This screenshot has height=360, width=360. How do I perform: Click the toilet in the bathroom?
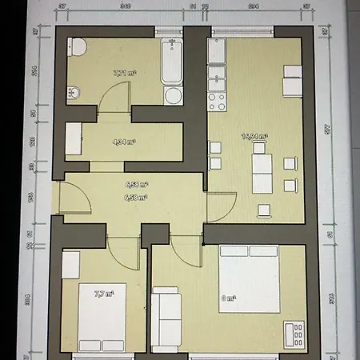[x=78, y=47]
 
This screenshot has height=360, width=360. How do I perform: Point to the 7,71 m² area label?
[x=125, y=73]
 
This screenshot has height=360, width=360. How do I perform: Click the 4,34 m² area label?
[x=123, y=142]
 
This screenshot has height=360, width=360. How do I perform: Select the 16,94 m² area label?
[x=255, y=137]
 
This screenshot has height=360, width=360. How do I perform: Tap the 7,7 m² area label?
[x=102, y=294]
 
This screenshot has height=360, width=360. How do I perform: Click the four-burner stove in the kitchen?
[x=215, y=102]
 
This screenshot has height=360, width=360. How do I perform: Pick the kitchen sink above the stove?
[x=216, y=78]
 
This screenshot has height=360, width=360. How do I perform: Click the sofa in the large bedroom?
[x=167, y=316]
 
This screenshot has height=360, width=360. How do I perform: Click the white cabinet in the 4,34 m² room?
[x=74, y=139]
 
